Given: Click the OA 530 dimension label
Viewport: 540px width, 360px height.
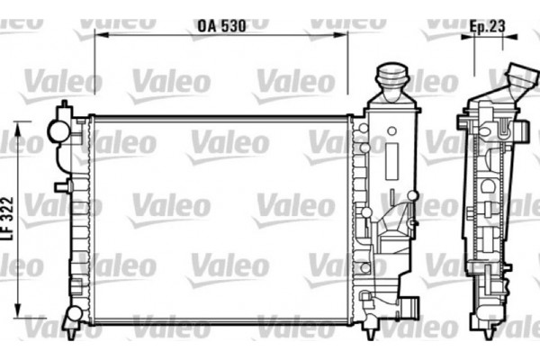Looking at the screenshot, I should click(x=220, y=27).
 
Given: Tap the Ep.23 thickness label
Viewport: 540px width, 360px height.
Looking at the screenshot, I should click(x=487, y=26).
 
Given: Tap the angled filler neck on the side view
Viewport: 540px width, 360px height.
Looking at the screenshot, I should click(x=515, y=81).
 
